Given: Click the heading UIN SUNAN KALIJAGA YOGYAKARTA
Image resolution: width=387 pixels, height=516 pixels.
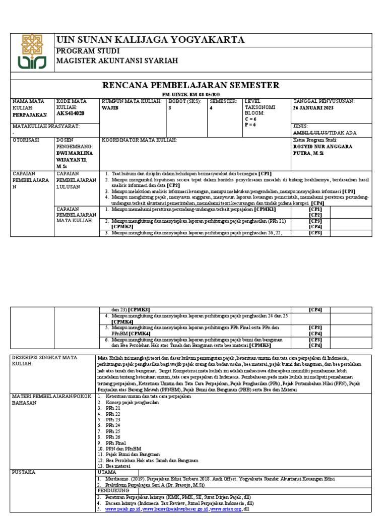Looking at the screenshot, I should [151, 40].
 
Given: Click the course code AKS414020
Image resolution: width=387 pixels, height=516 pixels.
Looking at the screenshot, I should [70, 114].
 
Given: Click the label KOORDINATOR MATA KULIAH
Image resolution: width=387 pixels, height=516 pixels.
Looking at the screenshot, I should [140, 140].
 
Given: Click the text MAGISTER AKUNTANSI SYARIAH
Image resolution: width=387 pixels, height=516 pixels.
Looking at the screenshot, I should [117, 61].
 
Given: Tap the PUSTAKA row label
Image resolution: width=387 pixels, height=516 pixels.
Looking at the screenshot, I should [25, 472].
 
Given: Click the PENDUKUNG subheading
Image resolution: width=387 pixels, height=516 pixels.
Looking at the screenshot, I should [113, 490].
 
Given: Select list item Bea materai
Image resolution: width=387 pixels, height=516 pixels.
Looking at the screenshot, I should [119, 466].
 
